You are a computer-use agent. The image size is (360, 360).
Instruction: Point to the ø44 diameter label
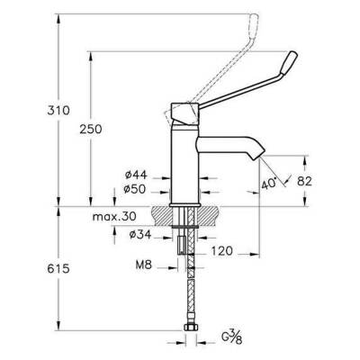136,177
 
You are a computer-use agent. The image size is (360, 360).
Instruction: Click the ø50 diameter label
136,191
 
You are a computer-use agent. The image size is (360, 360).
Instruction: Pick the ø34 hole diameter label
139,237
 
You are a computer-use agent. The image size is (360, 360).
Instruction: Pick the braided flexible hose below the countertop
189,288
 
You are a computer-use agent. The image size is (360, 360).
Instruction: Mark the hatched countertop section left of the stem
162,217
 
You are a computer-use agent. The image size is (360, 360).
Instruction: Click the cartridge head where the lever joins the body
187,113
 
